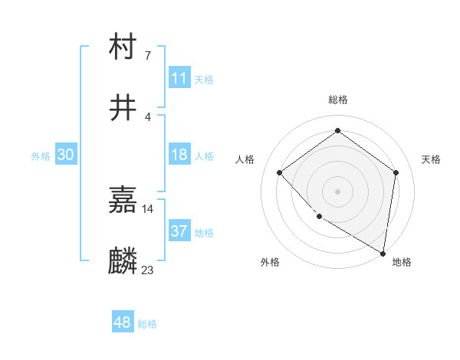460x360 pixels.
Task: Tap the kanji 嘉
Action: coord(123,200)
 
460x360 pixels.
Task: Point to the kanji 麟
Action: coord(123,261)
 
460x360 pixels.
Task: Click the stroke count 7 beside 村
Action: coord(147,55)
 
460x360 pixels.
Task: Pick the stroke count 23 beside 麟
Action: coord(147,270)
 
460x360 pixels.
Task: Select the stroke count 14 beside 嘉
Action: coord(147,208)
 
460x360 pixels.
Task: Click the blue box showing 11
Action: coord(179,78)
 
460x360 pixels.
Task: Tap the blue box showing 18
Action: coord(179,155)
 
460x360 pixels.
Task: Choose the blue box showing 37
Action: coord(179,231)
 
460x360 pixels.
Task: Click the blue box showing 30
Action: coord(66,155)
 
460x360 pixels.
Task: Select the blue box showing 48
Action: coord(123,322)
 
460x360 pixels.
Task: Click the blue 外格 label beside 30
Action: coord(41,155)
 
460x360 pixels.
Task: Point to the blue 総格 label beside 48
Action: coord(147,324)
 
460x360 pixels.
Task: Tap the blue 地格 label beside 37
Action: coord(204,232)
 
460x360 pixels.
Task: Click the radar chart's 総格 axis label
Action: coord(337,100)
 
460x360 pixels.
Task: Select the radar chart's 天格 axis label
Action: coord(431,159)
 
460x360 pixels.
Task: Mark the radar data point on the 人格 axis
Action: coord(280,172)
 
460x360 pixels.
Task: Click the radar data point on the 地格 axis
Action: coord(383,253)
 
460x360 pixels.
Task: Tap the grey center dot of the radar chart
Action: coord(337,191)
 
